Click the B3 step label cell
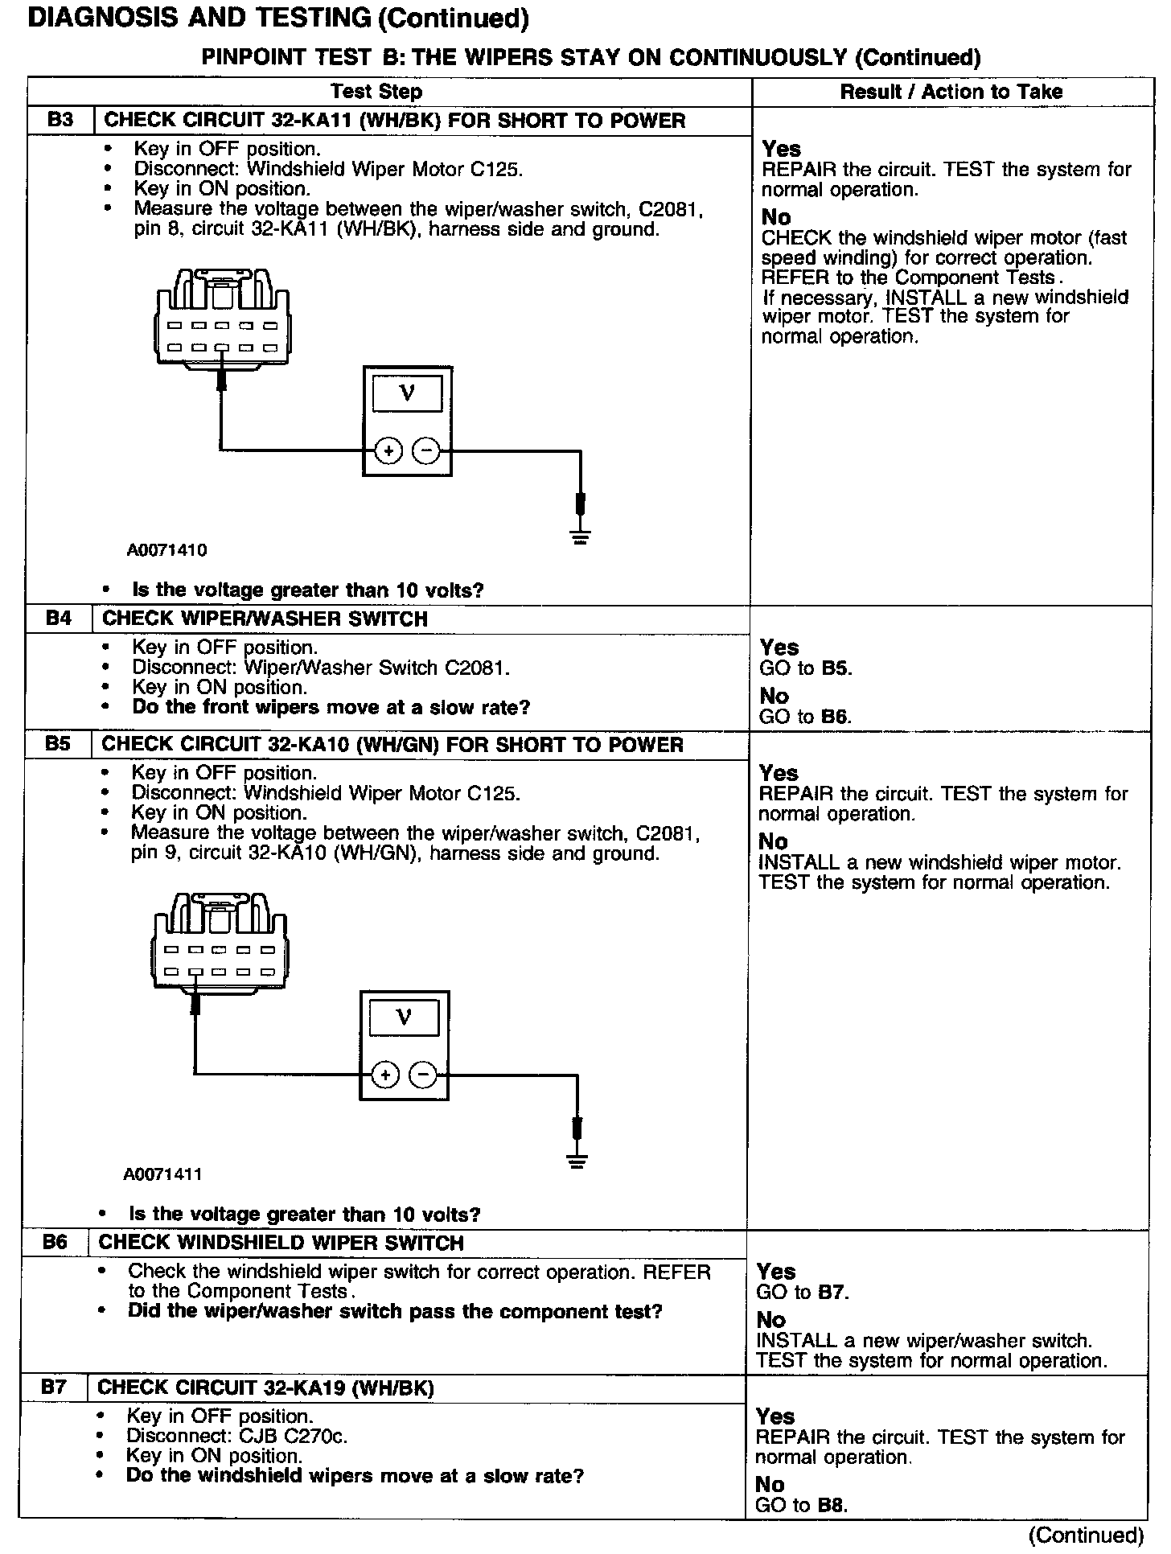[x=60, y=121]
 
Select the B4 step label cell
[x=59, y=619]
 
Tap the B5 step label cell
[x=57, y=744]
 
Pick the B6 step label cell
[x=55, y=1243]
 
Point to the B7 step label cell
[x=54, y=1387]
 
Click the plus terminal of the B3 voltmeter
[x=388, y=451]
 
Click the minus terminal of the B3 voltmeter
[x=426, y=451]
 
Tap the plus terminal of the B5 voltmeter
[x=386, y=1075]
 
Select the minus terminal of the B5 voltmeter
[x=423, y=1075]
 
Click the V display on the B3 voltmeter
[x=407, y=394]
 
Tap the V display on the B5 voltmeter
[x=404, y=1018]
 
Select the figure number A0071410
[x=166, y=550]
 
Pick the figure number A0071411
[x=162, y=1174]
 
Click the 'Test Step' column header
[x=376, y=92]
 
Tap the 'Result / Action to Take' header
[x=951, y=92]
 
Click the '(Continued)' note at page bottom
[x=1086, y=1535]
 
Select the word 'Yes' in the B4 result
[x=779, y=647]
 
